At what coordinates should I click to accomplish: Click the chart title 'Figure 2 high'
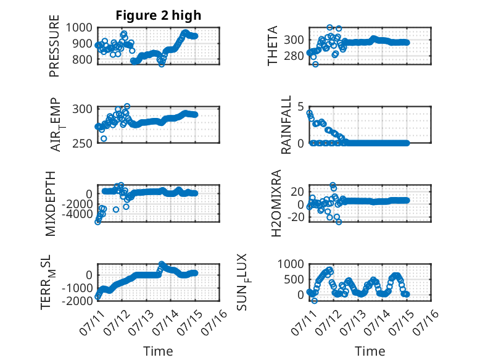point(159,15)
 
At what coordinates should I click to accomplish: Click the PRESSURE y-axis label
point(54,46)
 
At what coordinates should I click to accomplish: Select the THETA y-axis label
point(272,46)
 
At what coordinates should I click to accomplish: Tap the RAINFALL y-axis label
point(286,125)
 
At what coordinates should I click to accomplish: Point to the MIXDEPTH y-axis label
point(51,204)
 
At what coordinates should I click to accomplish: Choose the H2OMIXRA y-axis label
point(276,203)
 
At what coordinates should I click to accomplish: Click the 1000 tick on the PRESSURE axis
point(79,28)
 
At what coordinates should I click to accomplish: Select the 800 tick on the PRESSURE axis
point(82,59)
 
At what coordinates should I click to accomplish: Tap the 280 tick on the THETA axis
point(294,56)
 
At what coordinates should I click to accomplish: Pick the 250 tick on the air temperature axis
point(82,143)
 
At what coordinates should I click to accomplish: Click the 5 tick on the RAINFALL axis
point(300,107)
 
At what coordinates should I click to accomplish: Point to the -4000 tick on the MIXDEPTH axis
point(77,214)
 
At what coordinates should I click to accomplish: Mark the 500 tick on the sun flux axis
point(294,280)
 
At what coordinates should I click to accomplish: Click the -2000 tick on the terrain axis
point(77,301)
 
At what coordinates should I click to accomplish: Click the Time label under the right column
point(370,351)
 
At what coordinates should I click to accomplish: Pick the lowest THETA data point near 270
point(315,64)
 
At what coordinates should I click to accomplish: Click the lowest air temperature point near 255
point(104,139)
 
